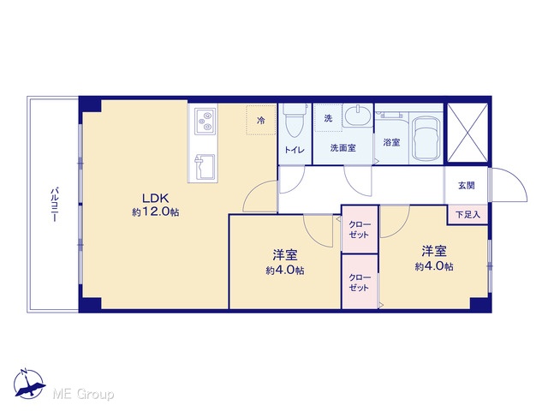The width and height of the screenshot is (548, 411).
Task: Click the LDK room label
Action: (156, 199)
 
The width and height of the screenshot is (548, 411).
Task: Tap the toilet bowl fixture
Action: (294, 121)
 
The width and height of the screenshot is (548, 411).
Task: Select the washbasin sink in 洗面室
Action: (356, 115)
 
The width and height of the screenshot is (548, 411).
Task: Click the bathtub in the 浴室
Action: (425, 138)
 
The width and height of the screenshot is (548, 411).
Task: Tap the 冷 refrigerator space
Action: (260, 120)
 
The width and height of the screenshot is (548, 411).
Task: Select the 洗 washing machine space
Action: (328, 118)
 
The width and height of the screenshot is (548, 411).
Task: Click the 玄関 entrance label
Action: (466, 186)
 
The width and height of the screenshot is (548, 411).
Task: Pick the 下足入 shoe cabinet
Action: (468, 215)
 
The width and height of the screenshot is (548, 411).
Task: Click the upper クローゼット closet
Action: (360, 229)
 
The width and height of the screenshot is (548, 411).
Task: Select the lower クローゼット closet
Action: (360, 282)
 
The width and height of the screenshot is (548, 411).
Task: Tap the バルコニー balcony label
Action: (54, 205)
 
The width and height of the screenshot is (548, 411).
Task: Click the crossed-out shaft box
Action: (468, 133)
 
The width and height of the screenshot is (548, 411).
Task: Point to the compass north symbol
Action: (29, 384)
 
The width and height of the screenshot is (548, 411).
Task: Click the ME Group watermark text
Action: (83, 395)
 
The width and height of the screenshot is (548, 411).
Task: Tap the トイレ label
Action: (295, 150)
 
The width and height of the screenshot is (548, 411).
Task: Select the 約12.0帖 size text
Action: (156, 211)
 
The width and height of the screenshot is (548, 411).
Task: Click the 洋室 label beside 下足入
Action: (434, 251)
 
